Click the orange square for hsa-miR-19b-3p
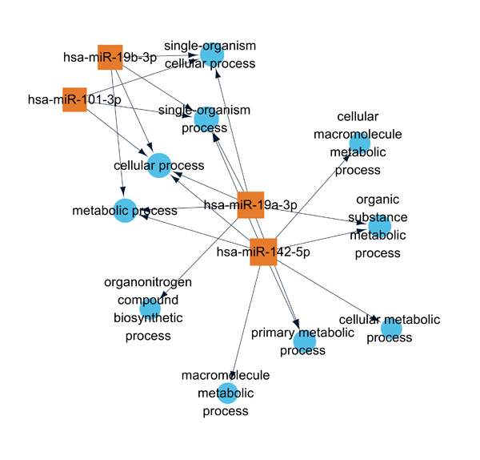pos(110,57)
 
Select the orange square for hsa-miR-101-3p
pos(74,99)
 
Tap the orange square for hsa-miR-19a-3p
pos(251,204)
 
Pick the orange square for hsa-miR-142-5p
pos(263,251)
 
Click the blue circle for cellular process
pos(158,165)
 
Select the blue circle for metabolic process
pos(124,211)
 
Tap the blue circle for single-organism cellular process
pos(210,54)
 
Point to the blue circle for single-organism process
pos(206,119)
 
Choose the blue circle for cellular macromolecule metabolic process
pos(360,143)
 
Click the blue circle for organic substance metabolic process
pos(379,225)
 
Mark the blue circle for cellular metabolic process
pos(391,328)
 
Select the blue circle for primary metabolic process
pos(304,341)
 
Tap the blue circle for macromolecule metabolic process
pos(228,393)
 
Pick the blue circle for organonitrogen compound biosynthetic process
pos(150,308)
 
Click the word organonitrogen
pos(148,282)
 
